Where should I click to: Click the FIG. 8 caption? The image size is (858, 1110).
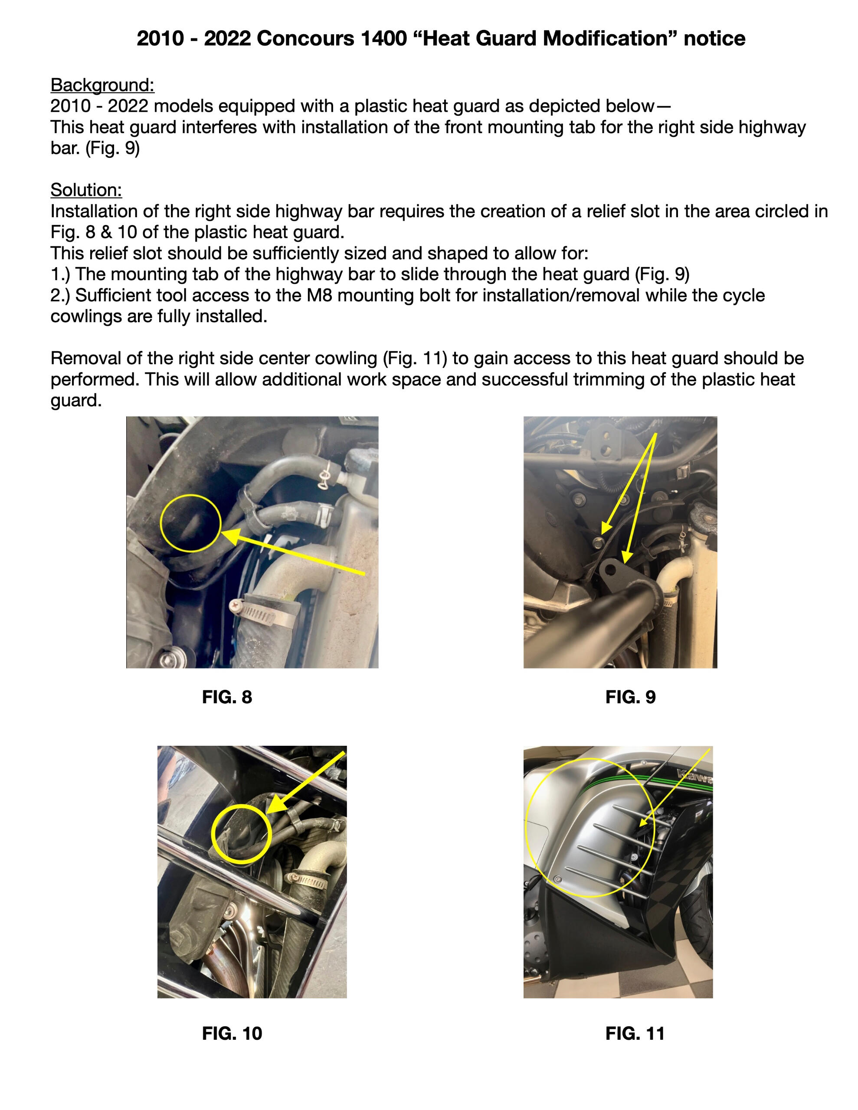click(x=227, y=697)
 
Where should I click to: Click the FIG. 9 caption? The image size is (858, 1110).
click(x=630, y=697)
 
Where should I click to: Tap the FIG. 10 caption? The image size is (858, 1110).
click(x=232, y=1033)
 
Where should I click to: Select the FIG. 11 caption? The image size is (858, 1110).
click(x=635, y=1033)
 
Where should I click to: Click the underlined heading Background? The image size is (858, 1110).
click(x=102, y=85)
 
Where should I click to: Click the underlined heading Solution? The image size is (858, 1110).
click(x=86, y=190)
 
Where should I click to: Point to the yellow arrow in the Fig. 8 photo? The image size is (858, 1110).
click(x=293, y=552)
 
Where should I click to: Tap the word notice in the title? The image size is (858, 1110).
click(x=714, y=38)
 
